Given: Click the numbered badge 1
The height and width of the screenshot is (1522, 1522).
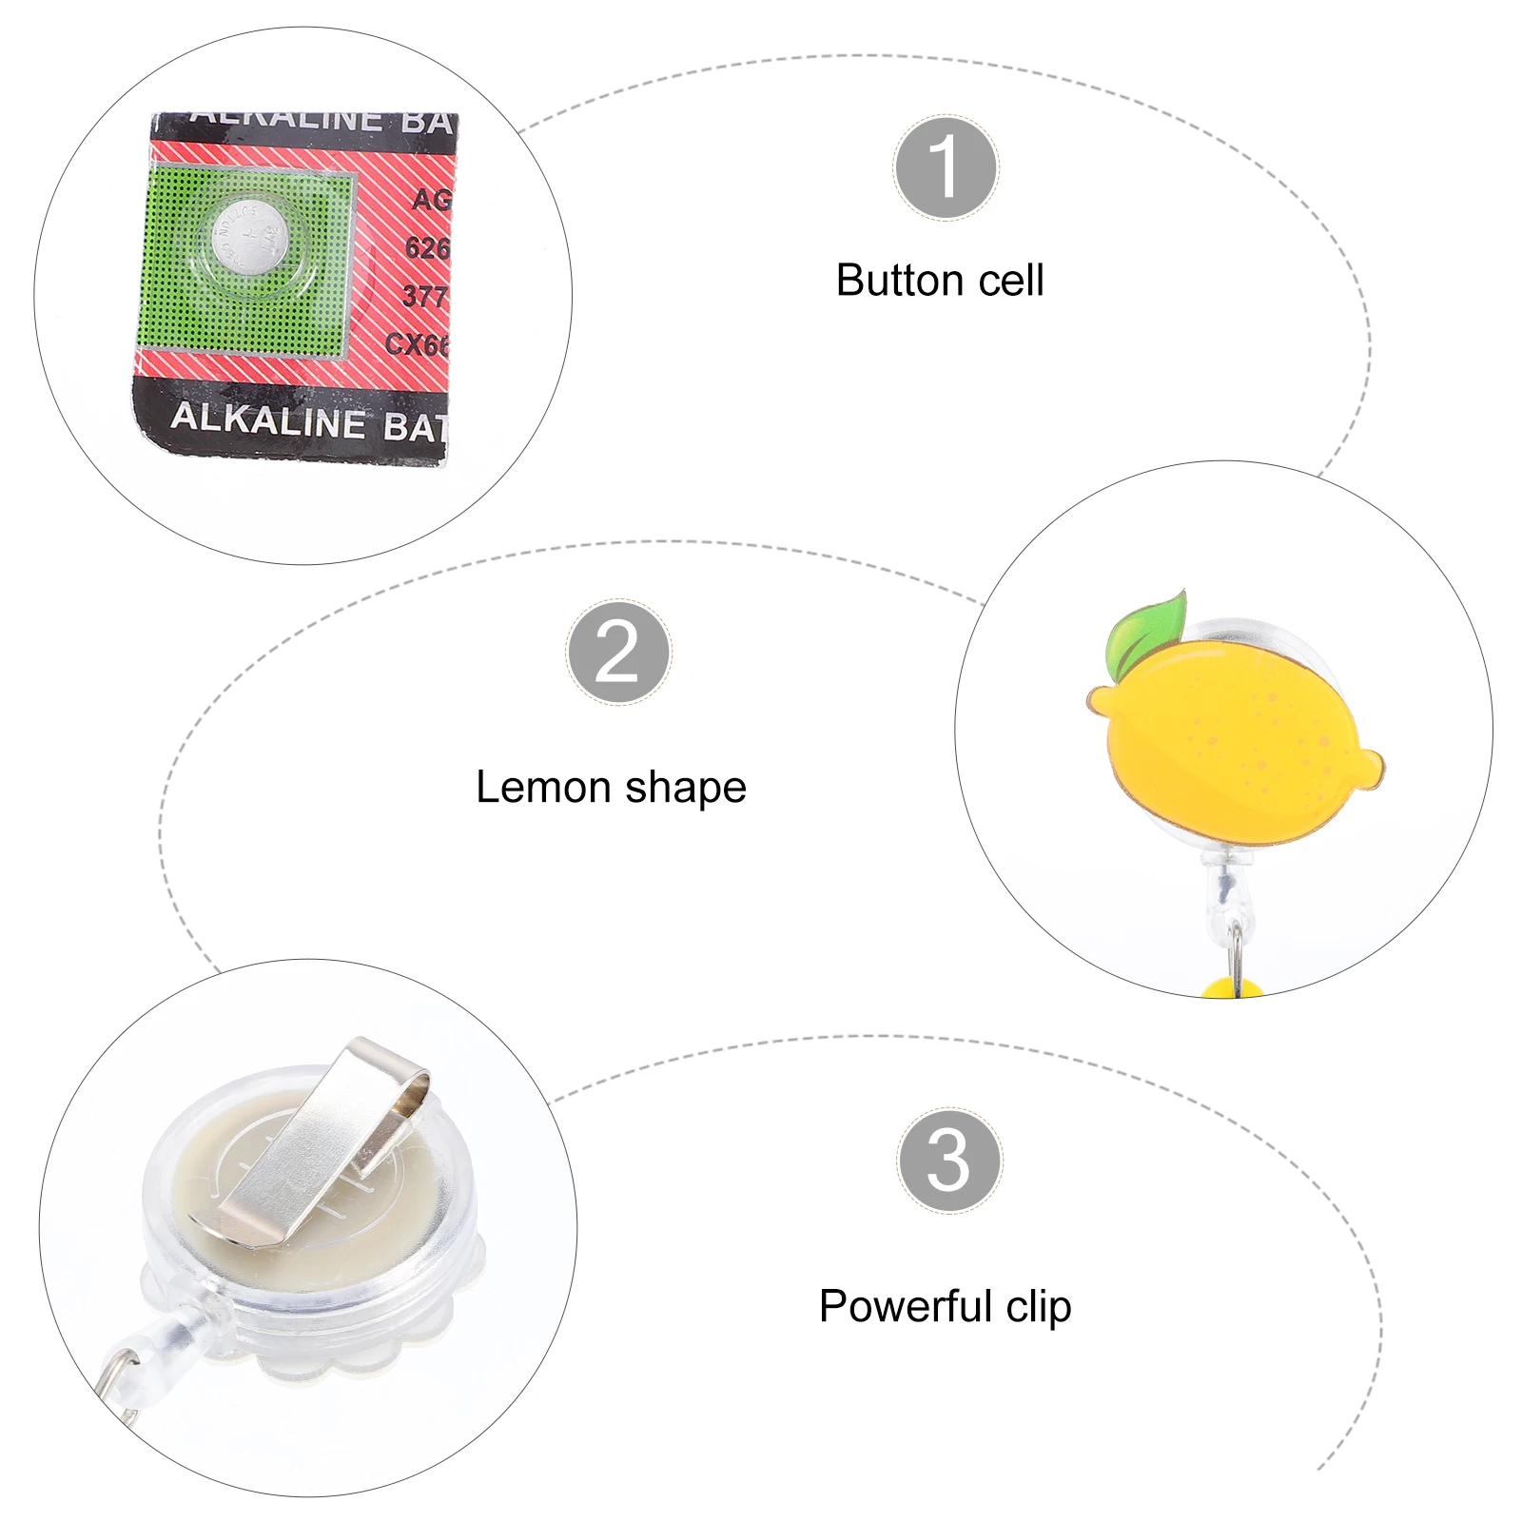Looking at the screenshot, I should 946,168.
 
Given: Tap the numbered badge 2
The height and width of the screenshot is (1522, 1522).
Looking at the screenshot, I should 618,652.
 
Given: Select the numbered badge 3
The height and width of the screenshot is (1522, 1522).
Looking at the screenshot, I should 948,1160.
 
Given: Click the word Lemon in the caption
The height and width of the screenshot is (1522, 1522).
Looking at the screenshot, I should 543,788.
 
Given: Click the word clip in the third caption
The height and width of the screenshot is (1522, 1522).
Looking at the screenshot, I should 1039,1308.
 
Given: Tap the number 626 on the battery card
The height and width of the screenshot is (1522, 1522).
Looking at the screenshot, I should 426,248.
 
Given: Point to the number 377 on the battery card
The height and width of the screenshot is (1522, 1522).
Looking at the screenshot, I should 424,296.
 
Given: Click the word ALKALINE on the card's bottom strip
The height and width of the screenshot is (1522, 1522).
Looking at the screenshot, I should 267,420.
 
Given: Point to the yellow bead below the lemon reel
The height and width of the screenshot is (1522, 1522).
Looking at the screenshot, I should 1232,989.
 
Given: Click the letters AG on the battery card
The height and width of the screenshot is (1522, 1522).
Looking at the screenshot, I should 431,200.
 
